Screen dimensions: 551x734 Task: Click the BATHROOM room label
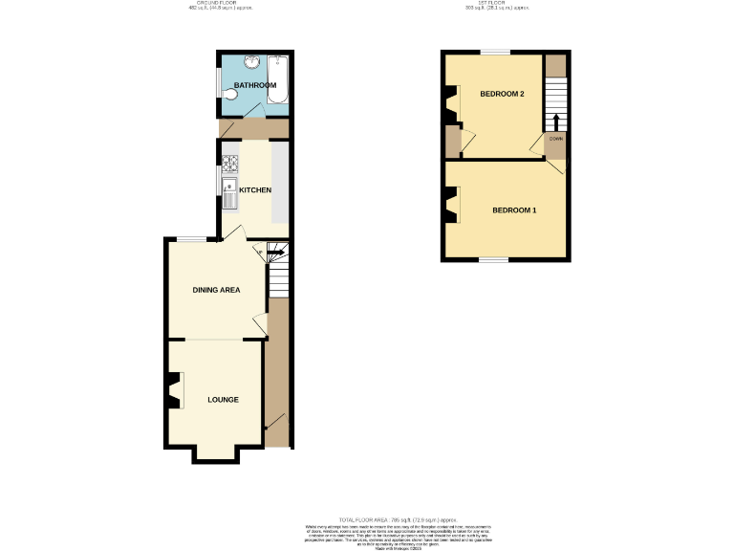(255, 86)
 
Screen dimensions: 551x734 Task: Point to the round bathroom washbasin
(249, 64)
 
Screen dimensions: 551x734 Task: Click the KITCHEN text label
(255, 190)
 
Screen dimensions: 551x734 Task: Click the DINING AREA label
(216, 290)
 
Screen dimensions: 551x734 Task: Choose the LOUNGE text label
(223, 399)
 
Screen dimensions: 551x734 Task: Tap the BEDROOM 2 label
(502, 94)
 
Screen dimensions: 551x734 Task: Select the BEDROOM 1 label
(514, 209)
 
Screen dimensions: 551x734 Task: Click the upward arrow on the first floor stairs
(555, 121)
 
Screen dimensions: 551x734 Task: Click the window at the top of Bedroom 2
(493, 52)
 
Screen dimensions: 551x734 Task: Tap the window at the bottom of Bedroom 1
(493, 259)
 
